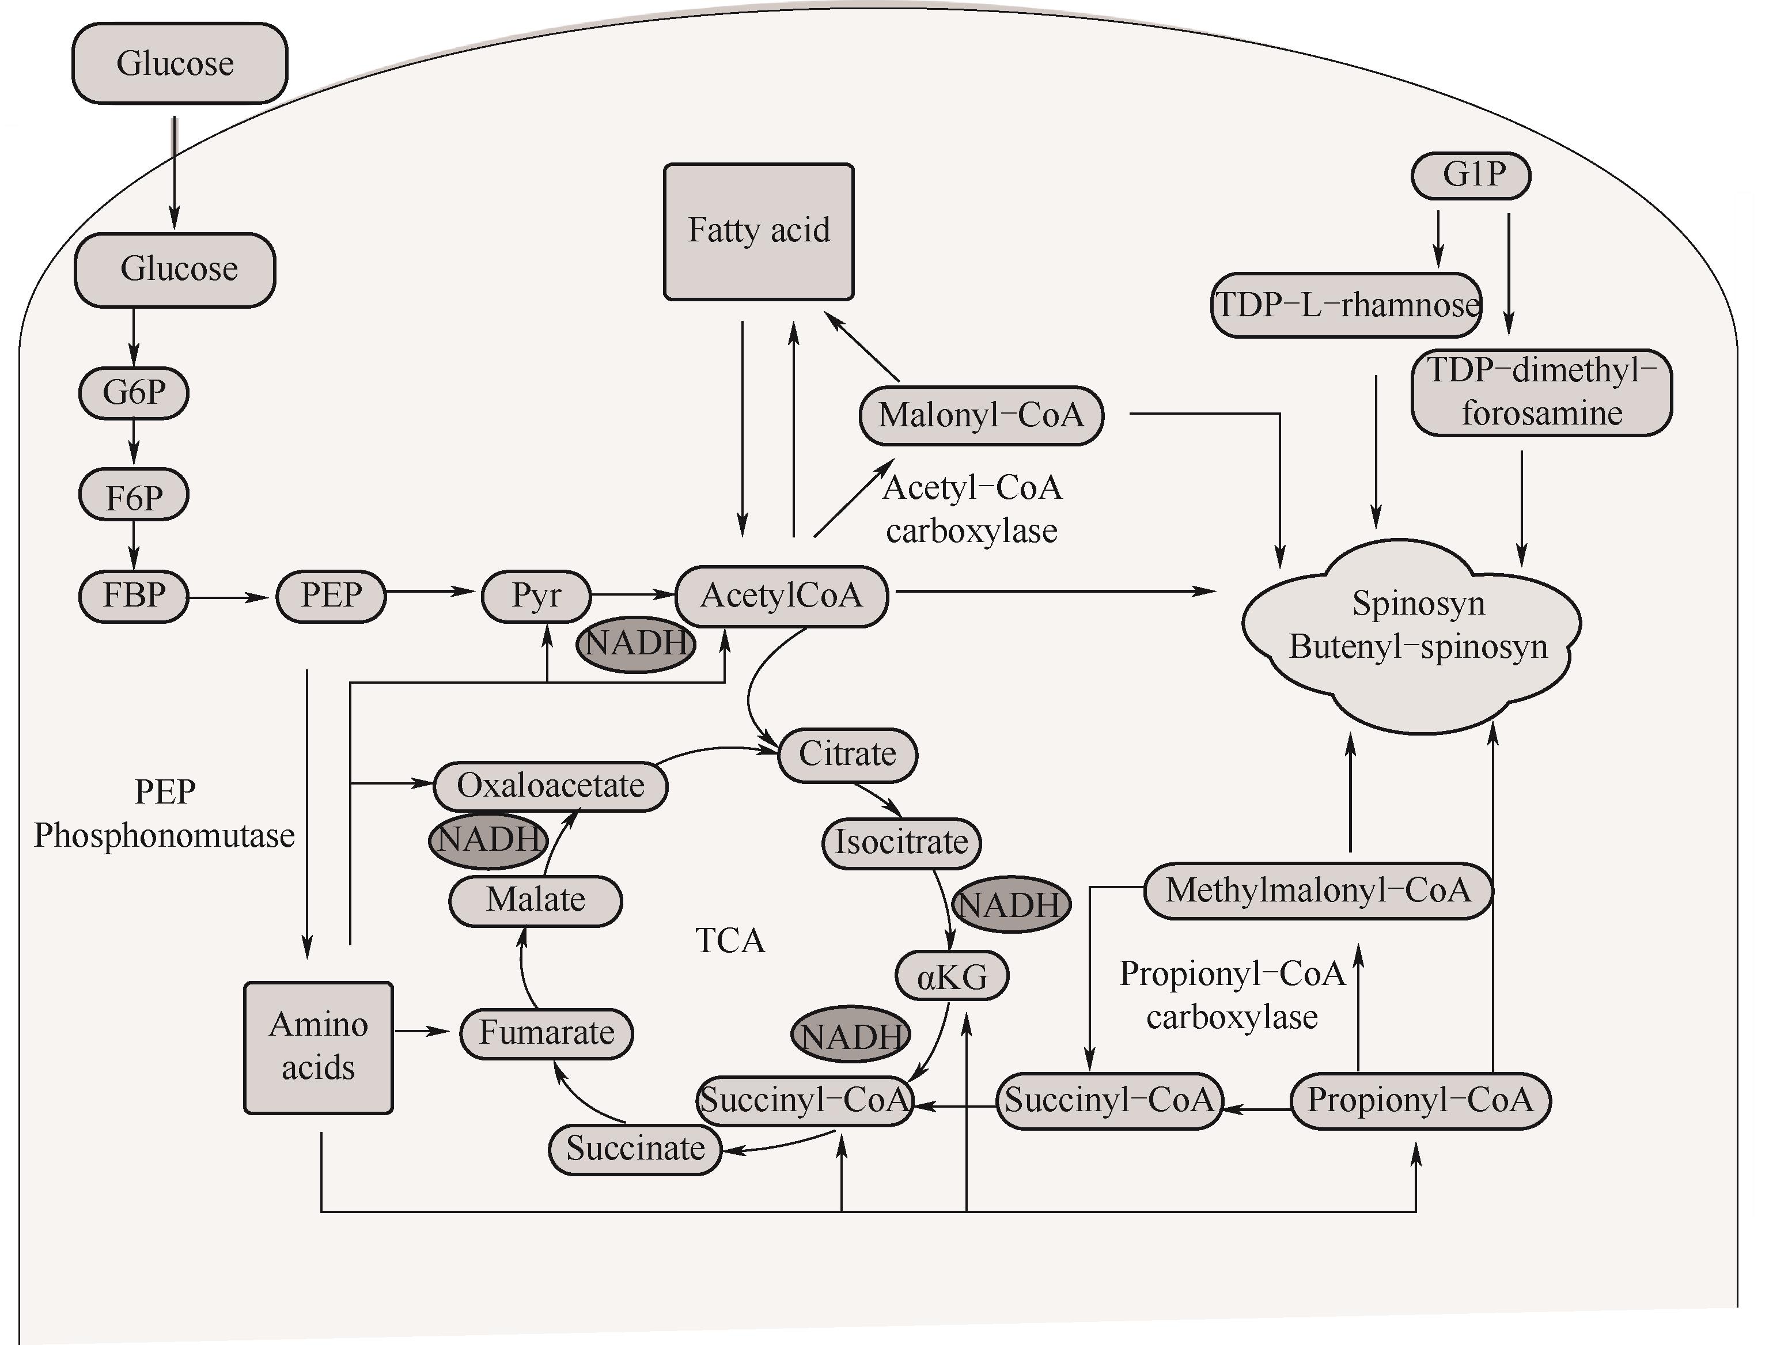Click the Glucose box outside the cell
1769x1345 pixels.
179,63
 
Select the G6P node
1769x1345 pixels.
134,392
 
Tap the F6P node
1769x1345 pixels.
134,495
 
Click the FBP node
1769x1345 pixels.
134,596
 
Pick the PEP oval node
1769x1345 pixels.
331,596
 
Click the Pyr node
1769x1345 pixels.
536,596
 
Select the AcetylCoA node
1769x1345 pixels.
781,596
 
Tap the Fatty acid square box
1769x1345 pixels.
759,232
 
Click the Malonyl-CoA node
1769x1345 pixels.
982,415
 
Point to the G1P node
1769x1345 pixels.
1471,175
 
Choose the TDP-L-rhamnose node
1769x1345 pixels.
1346,305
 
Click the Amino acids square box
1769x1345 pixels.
319,1047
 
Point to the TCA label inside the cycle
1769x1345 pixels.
730,941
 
